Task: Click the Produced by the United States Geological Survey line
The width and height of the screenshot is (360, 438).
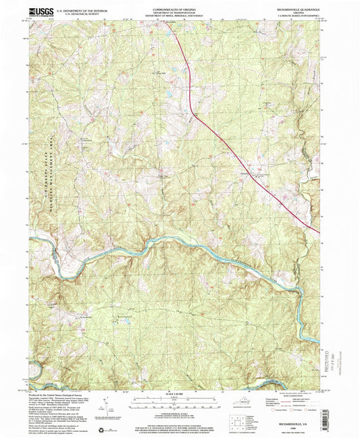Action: pyautogui.click(x=61, y=394)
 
